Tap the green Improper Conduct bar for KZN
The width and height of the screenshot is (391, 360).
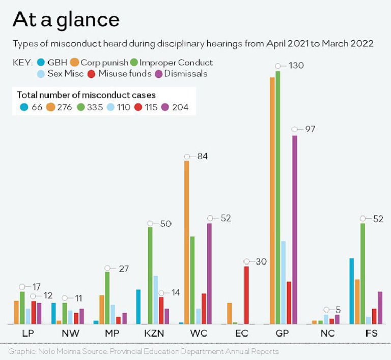150,275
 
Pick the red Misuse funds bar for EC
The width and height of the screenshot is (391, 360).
246,295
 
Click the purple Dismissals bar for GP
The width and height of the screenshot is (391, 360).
294,229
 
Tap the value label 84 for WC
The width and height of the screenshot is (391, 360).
203,156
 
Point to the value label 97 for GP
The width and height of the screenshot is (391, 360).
310,129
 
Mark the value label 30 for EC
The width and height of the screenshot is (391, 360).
261,261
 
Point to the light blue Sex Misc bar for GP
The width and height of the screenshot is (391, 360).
283,282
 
